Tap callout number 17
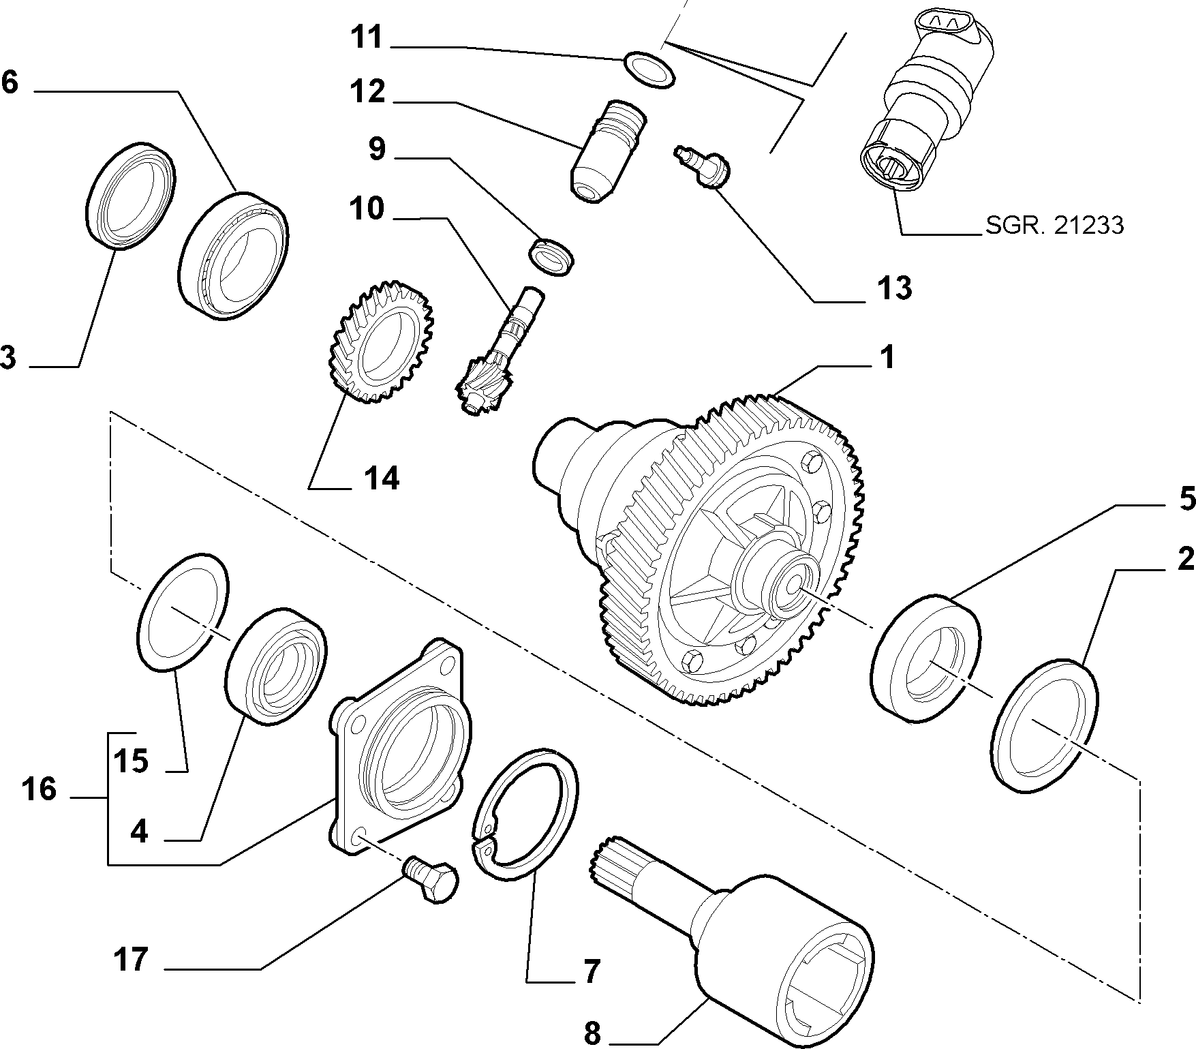[132, 959]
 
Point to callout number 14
[381, 478]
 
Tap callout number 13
[894, 288]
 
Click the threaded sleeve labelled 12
[606, 151]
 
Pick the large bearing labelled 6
[234, 255]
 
